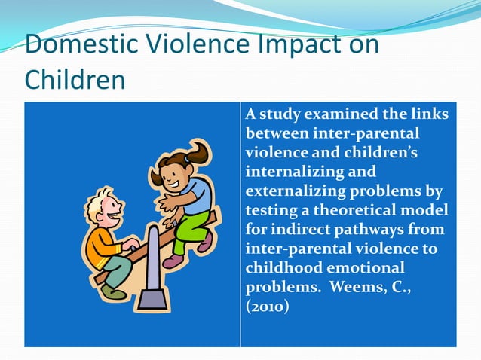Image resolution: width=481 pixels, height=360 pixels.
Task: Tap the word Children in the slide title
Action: (x=75, y=79)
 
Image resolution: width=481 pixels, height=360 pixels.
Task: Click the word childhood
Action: (x=280, y=267)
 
